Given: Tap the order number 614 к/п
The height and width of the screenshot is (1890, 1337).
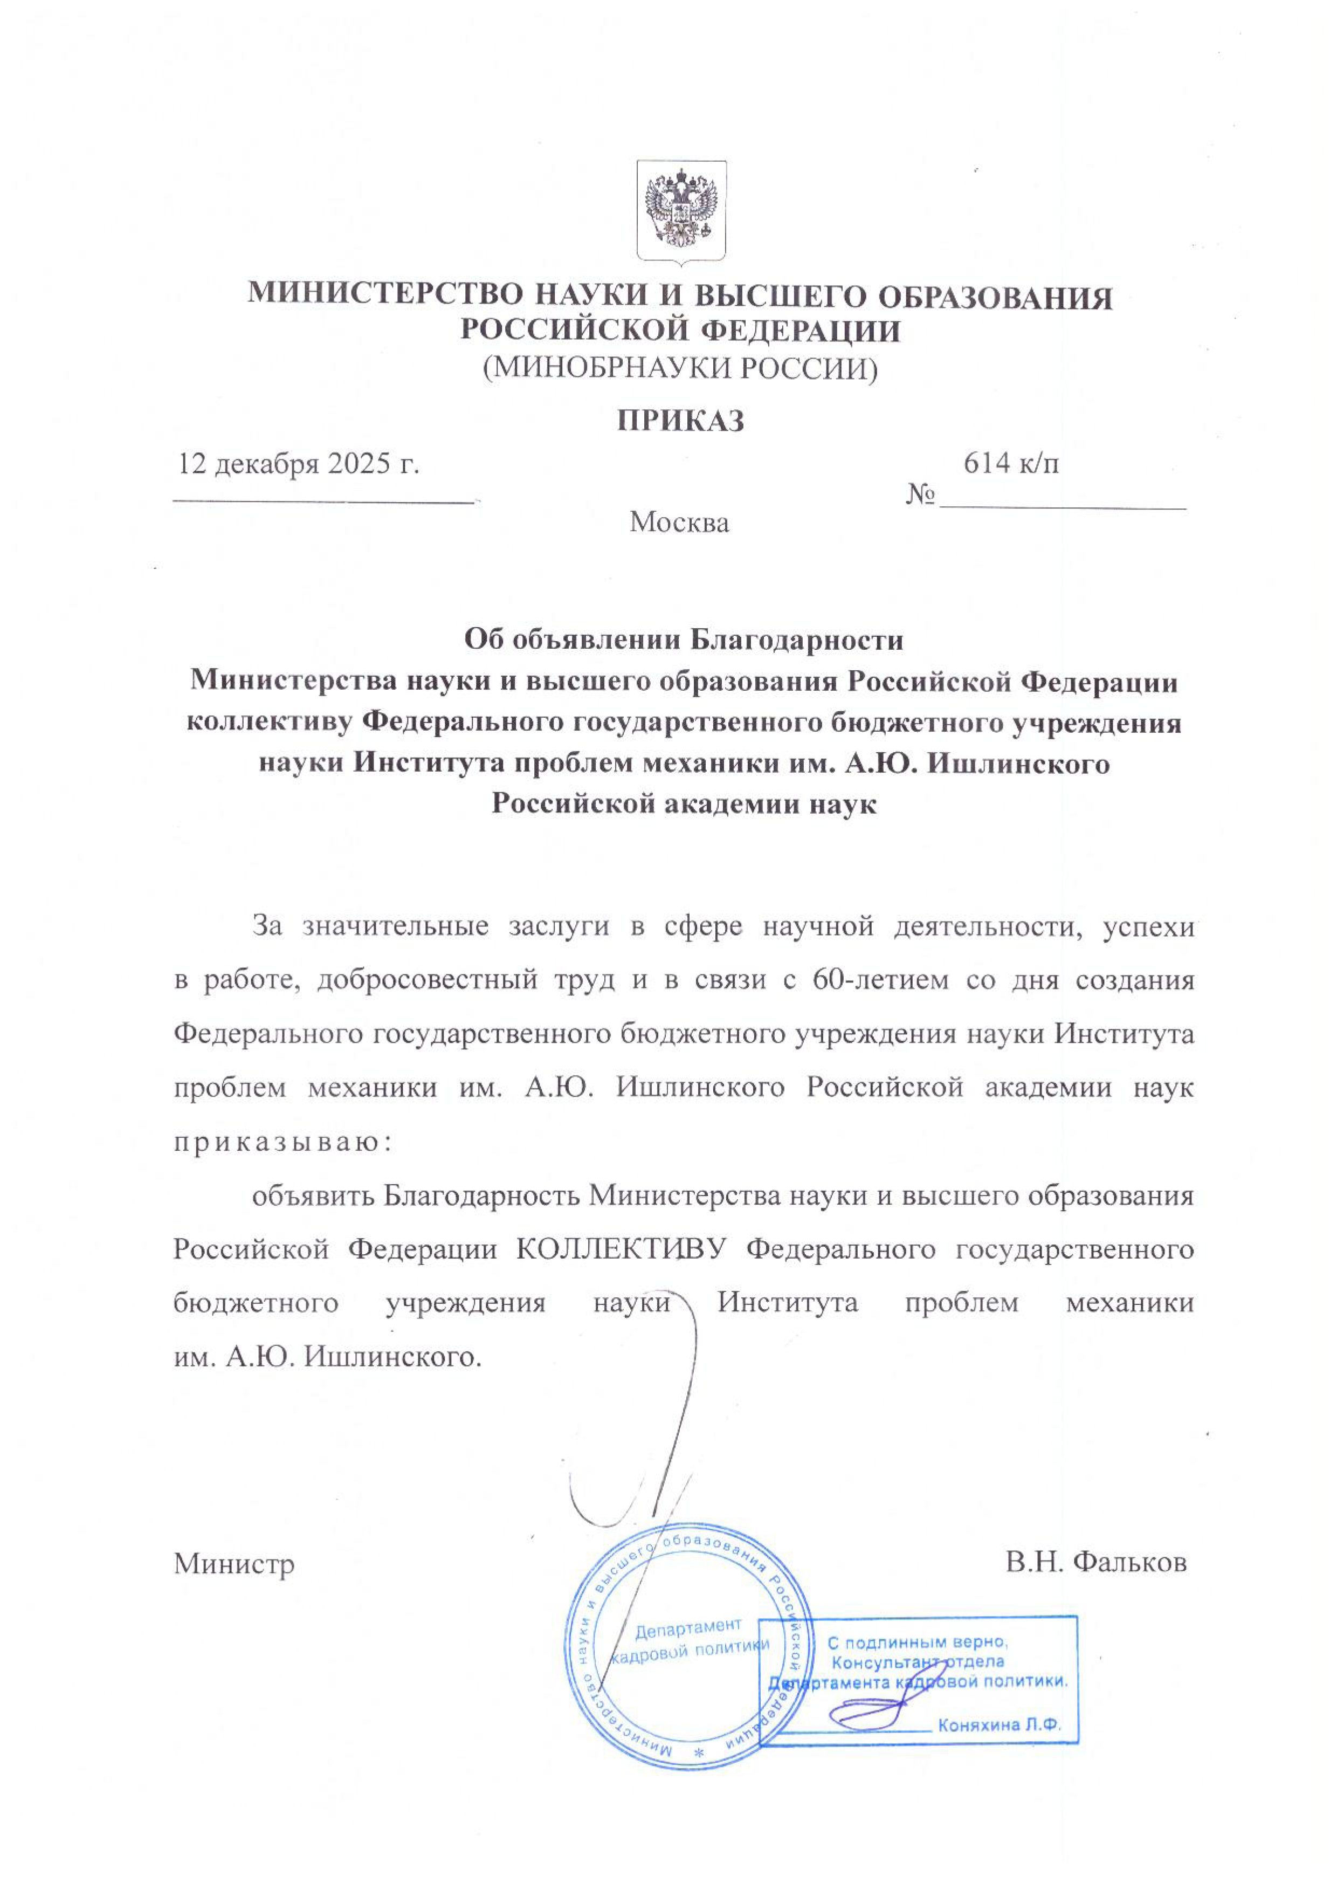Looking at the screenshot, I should point(1011,464).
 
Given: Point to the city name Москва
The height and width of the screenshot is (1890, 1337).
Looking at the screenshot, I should point(679,522).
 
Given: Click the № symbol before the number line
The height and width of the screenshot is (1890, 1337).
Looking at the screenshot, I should point(921,495).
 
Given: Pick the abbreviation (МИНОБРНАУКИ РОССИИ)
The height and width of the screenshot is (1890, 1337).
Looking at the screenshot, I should point(680,368).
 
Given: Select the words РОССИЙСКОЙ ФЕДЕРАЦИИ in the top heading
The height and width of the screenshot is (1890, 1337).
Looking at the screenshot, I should point(680,331).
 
